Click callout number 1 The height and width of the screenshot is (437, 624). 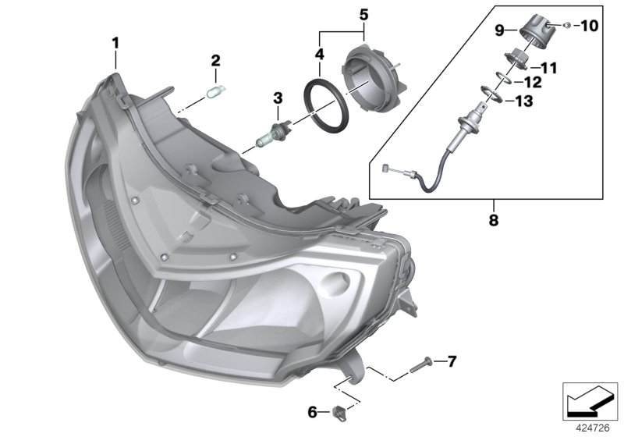click(x=115, y=43)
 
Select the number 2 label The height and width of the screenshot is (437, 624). click(x=216, y=61)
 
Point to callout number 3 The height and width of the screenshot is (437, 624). click(x=276, y=98)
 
